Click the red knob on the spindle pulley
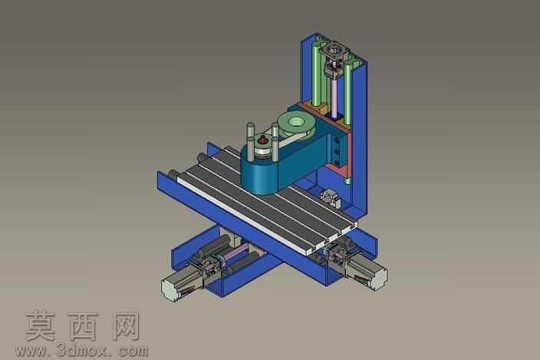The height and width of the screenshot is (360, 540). (x=263, y=140)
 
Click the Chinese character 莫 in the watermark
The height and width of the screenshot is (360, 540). (x=41, y=325)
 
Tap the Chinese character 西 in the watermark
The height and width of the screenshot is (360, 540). (x=83, y=326)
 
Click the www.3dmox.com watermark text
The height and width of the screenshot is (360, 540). (x=82, y=351)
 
